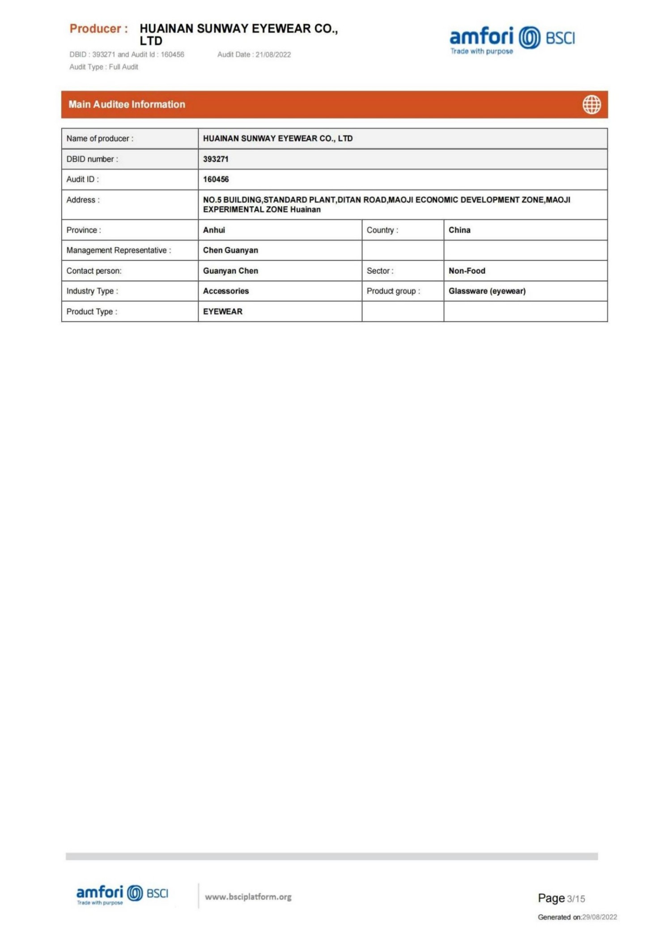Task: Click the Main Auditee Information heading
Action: click(127, 105)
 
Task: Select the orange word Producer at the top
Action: click(95, 29)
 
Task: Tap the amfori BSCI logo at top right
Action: click(512, 39)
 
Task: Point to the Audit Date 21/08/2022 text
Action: click(254, 55)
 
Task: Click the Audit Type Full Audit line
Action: click(104, 67)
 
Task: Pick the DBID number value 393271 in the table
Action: click(216, 159)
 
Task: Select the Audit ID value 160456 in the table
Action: click(216, 179)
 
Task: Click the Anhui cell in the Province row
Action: click(214, 230)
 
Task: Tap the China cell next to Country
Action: click(459, 230)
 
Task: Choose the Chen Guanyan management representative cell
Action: click(230, 250)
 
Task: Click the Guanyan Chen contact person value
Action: click(230, 271)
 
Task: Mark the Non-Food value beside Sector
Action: click(467, 271)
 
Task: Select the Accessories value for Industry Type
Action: click(225, 291)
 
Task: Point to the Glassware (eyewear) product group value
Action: click(487, 291)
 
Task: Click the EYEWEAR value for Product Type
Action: click(222, 312)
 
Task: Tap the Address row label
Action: click(83, 200)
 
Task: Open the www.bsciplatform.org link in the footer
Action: click(248, 897)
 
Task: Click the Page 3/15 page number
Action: click(561, 898)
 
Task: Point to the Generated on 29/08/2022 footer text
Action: click(577, 917)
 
